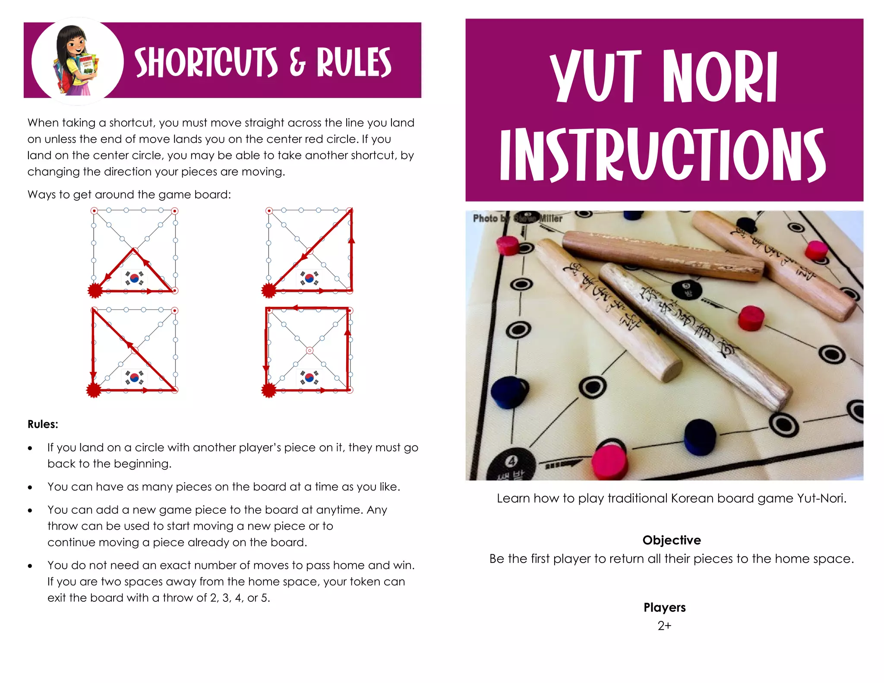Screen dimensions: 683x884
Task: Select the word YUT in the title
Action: pos(596,77)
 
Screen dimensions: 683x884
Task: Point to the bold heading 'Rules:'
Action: pos(43,424)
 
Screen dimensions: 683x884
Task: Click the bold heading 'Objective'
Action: pos(671,540)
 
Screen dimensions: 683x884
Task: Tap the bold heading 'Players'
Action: pos(664,607)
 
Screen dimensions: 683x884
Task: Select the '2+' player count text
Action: pos(664,626)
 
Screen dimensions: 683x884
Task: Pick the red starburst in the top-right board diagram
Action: pos(268,291)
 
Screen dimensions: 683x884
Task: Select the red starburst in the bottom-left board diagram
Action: pos(94,390)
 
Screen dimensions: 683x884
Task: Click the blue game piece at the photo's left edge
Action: pos(508,392)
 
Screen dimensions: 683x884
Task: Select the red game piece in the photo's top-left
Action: pos(507,245)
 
